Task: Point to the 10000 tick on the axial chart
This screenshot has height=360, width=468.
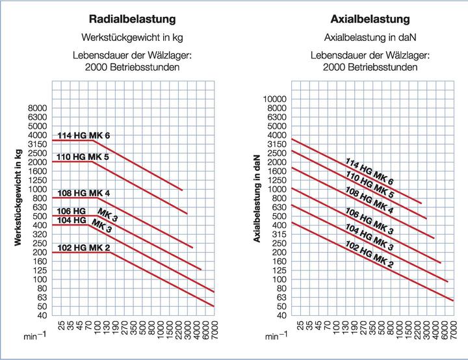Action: tap(275, 99)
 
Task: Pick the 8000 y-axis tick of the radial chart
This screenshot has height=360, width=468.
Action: tap(38, 108)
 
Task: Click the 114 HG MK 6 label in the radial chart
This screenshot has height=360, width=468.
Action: tap(84, 135)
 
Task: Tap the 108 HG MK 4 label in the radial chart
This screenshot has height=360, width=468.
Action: tap(84, 193)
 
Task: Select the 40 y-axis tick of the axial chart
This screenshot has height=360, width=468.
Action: tap(279, 315)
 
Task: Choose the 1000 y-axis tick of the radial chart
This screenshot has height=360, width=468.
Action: tap(38, 189)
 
